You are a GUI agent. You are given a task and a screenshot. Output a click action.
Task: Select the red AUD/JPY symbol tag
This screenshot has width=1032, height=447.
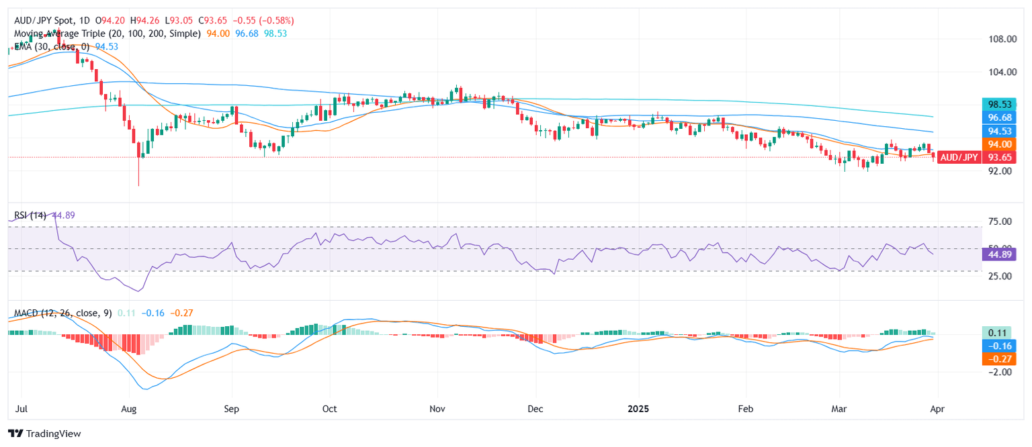[959, 157]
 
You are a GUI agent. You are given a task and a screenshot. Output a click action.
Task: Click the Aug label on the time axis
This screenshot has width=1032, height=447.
[130, 408]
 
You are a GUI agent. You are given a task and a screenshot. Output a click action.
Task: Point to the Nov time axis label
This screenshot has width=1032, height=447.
[437, 408]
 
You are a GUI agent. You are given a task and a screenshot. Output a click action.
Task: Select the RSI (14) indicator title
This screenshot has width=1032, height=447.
[30, 215]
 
